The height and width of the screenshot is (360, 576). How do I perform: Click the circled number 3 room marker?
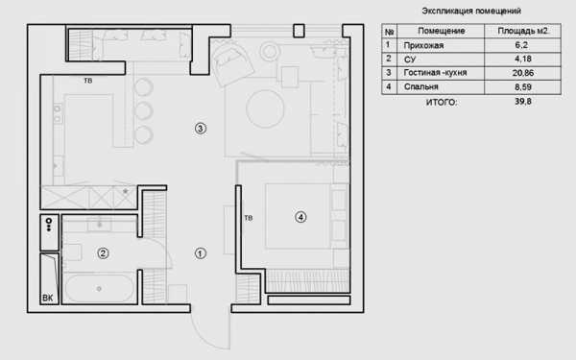point(201,129)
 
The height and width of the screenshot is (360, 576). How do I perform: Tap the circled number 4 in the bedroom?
point(300,218)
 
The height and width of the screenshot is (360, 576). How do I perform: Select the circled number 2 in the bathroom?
point(103,253)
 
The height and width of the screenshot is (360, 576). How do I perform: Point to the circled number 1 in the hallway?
point(201,253)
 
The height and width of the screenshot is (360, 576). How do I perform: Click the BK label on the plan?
point(48,298)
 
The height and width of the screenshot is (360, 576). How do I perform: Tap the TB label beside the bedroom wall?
point(249,218)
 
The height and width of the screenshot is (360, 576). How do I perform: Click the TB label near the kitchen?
point(88,81)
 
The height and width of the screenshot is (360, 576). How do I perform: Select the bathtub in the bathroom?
point(99,289)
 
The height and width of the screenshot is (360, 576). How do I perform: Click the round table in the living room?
point(265,108)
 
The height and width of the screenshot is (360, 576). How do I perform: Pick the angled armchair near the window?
point(232,63)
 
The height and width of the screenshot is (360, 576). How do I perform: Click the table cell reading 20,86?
point(523,73)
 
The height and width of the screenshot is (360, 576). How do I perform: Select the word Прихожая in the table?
point(423,45)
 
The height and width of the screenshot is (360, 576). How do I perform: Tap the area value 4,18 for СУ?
point(523,59)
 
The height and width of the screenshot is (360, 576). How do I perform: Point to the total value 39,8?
point(523,102)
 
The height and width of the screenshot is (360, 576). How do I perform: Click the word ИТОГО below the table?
point(442,102)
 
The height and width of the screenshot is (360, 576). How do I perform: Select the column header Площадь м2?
point(523,31)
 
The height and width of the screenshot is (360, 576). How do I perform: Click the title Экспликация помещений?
point(471,11)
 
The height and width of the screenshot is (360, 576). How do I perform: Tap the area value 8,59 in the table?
point(523,87)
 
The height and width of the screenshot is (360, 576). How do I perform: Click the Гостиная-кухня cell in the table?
point(435,73)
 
